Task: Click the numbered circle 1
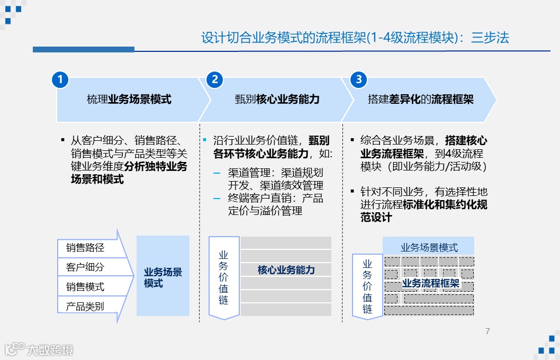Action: (60, 79)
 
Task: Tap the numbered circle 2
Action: (214, 79)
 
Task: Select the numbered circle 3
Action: (359, 79)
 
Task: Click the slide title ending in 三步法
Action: (355, 38)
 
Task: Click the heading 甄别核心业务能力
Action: (277, 100)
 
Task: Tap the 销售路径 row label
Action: (85, 248)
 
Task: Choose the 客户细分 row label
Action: (85, 267)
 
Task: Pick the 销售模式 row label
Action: (85, 287)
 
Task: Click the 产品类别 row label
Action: (85, 306)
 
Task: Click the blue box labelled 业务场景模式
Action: (163, 277)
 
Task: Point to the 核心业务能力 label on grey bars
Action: (286, 270)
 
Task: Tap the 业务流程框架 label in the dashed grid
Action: (431, 283)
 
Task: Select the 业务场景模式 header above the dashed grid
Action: (429, 247)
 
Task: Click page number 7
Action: (487, 331)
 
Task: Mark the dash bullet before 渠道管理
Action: (216, 173)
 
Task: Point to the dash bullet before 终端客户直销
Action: (216, 199)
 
